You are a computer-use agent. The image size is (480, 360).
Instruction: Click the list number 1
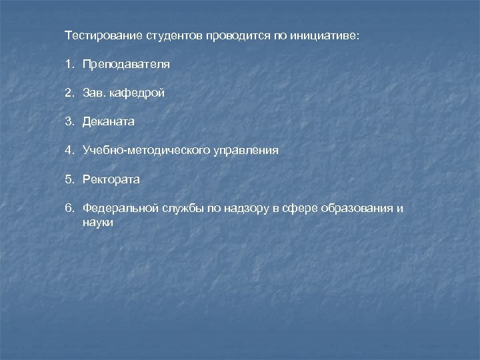69,65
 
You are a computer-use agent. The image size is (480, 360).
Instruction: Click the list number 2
69,93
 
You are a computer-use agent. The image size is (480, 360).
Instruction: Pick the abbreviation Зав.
94,93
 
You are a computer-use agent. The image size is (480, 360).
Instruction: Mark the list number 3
69,122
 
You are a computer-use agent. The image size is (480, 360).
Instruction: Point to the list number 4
69,151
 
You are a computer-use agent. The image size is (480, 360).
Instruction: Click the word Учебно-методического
146,151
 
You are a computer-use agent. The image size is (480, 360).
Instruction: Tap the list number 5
69,179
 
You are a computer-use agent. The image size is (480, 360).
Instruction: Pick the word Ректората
111,179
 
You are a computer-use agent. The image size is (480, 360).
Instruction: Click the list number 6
69,208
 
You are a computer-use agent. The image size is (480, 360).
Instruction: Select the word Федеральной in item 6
121,208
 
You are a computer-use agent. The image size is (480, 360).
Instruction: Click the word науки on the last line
98,223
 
